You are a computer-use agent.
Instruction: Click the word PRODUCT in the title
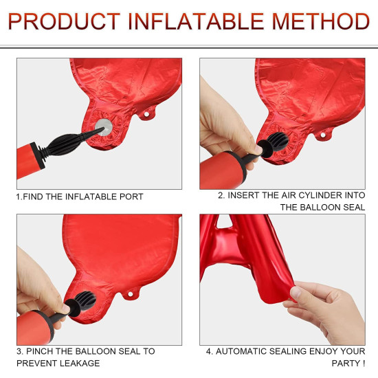tap(64, 21)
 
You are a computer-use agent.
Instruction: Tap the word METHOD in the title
tap(321, 21)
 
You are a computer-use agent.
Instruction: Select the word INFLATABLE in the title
tap(196, 21)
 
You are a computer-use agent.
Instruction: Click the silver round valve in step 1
tap(104, 127)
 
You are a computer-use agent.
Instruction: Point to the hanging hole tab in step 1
tap(146, 114)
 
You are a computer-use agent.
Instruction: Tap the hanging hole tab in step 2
tap(323, 135)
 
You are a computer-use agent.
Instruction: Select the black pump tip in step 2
tap(275, 144)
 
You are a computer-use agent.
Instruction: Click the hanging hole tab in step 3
tap(131, 294)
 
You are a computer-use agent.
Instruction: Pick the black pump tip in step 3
tap(81, 303)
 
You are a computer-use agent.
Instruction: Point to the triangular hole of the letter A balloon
tap(224, 222)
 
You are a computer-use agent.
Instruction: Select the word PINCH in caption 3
tap(38, 351)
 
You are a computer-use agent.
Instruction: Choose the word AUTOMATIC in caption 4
tap(241, 351)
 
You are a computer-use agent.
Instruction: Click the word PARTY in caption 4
tap(346, 363)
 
